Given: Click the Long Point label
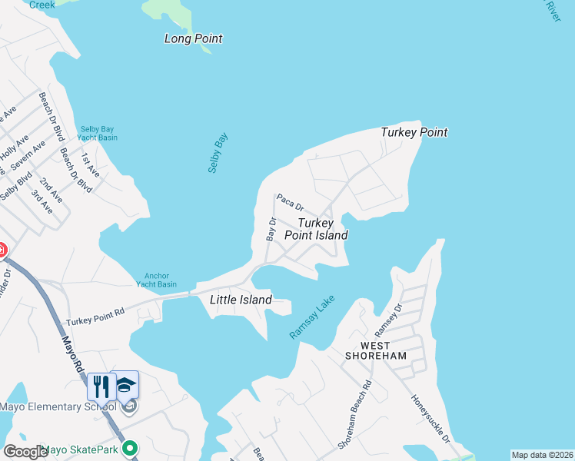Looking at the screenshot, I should click(x=193, y=38).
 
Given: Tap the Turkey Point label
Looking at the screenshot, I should click(x=414, y=132).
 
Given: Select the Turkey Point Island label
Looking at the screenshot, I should click(x=316, y=229).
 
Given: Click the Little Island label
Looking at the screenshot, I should click(x=241, y=300).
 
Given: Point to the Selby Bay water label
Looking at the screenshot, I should click(x=218, y=152).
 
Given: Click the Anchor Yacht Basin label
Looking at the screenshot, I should click(x=156, y=280).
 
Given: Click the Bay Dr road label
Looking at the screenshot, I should click(x=271, y=229).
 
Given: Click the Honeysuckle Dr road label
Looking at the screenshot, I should click(x=431, y=419).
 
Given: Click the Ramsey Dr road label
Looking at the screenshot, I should click(x=387, y=318).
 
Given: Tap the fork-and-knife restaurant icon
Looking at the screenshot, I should click(x=101, y=386).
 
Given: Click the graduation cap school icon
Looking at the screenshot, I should click(x=125, y=385).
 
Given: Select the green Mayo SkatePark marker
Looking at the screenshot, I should click(x=131, y=447).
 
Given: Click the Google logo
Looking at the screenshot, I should click(x=25, y=452).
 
